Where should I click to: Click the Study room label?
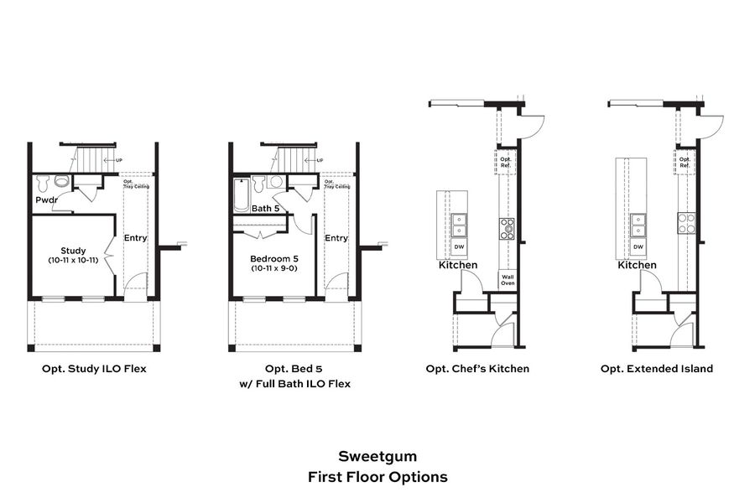point(73,251)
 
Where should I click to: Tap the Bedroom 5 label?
point(274,258)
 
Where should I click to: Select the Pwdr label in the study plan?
point(46,201)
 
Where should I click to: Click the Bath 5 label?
point(266,208)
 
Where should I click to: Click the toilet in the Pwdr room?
point(61,181)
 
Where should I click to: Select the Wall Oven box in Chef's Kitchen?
point(507,280)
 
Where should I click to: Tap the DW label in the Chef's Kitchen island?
point(459,247)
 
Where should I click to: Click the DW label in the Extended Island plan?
point(638,247)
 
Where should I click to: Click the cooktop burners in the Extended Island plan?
point(686,223)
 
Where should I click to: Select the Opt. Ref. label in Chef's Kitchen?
point(506,162)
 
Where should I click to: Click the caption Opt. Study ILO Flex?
point(94,369)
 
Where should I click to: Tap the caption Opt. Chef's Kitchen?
point(477,369)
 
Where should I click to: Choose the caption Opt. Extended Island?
point(657,369)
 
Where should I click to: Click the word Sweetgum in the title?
point(377,457)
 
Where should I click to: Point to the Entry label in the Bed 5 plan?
point(336,238)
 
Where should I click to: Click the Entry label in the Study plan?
point(135,238)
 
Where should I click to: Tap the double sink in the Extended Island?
point(638,224)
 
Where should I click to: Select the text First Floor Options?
point(377,477)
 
